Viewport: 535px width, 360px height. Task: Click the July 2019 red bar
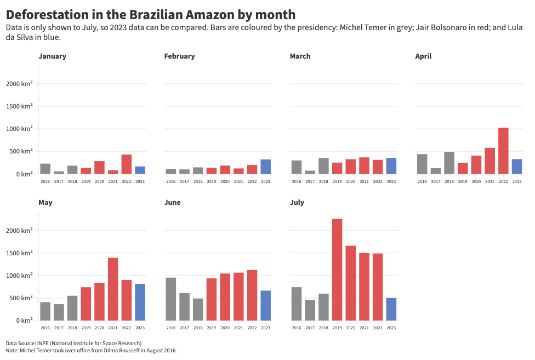(337, 270)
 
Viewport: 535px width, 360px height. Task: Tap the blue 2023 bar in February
(265, 167)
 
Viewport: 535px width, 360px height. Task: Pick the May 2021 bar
(113, 289)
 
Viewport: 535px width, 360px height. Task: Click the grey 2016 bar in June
(170, 299)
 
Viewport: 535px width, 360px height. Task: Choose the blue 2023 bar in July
(391, 309)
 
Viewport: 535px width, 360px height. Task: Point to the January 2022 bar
(127, 164)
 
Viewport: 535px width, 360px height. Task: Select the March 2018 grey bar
(323, 166)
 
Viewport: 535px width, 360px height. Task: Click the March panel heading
(300, 56)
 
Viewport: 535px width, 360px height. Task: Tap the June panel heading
(172, 202)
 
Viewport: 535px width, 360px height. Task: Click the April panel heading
(423, 56)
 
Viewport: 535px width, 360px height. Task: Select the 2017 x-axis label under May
(59, 328)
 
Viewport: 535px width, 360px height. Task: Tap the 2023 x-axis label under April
(516, 181)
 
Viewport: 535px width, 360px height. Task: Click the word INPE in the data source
(44, 343)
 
